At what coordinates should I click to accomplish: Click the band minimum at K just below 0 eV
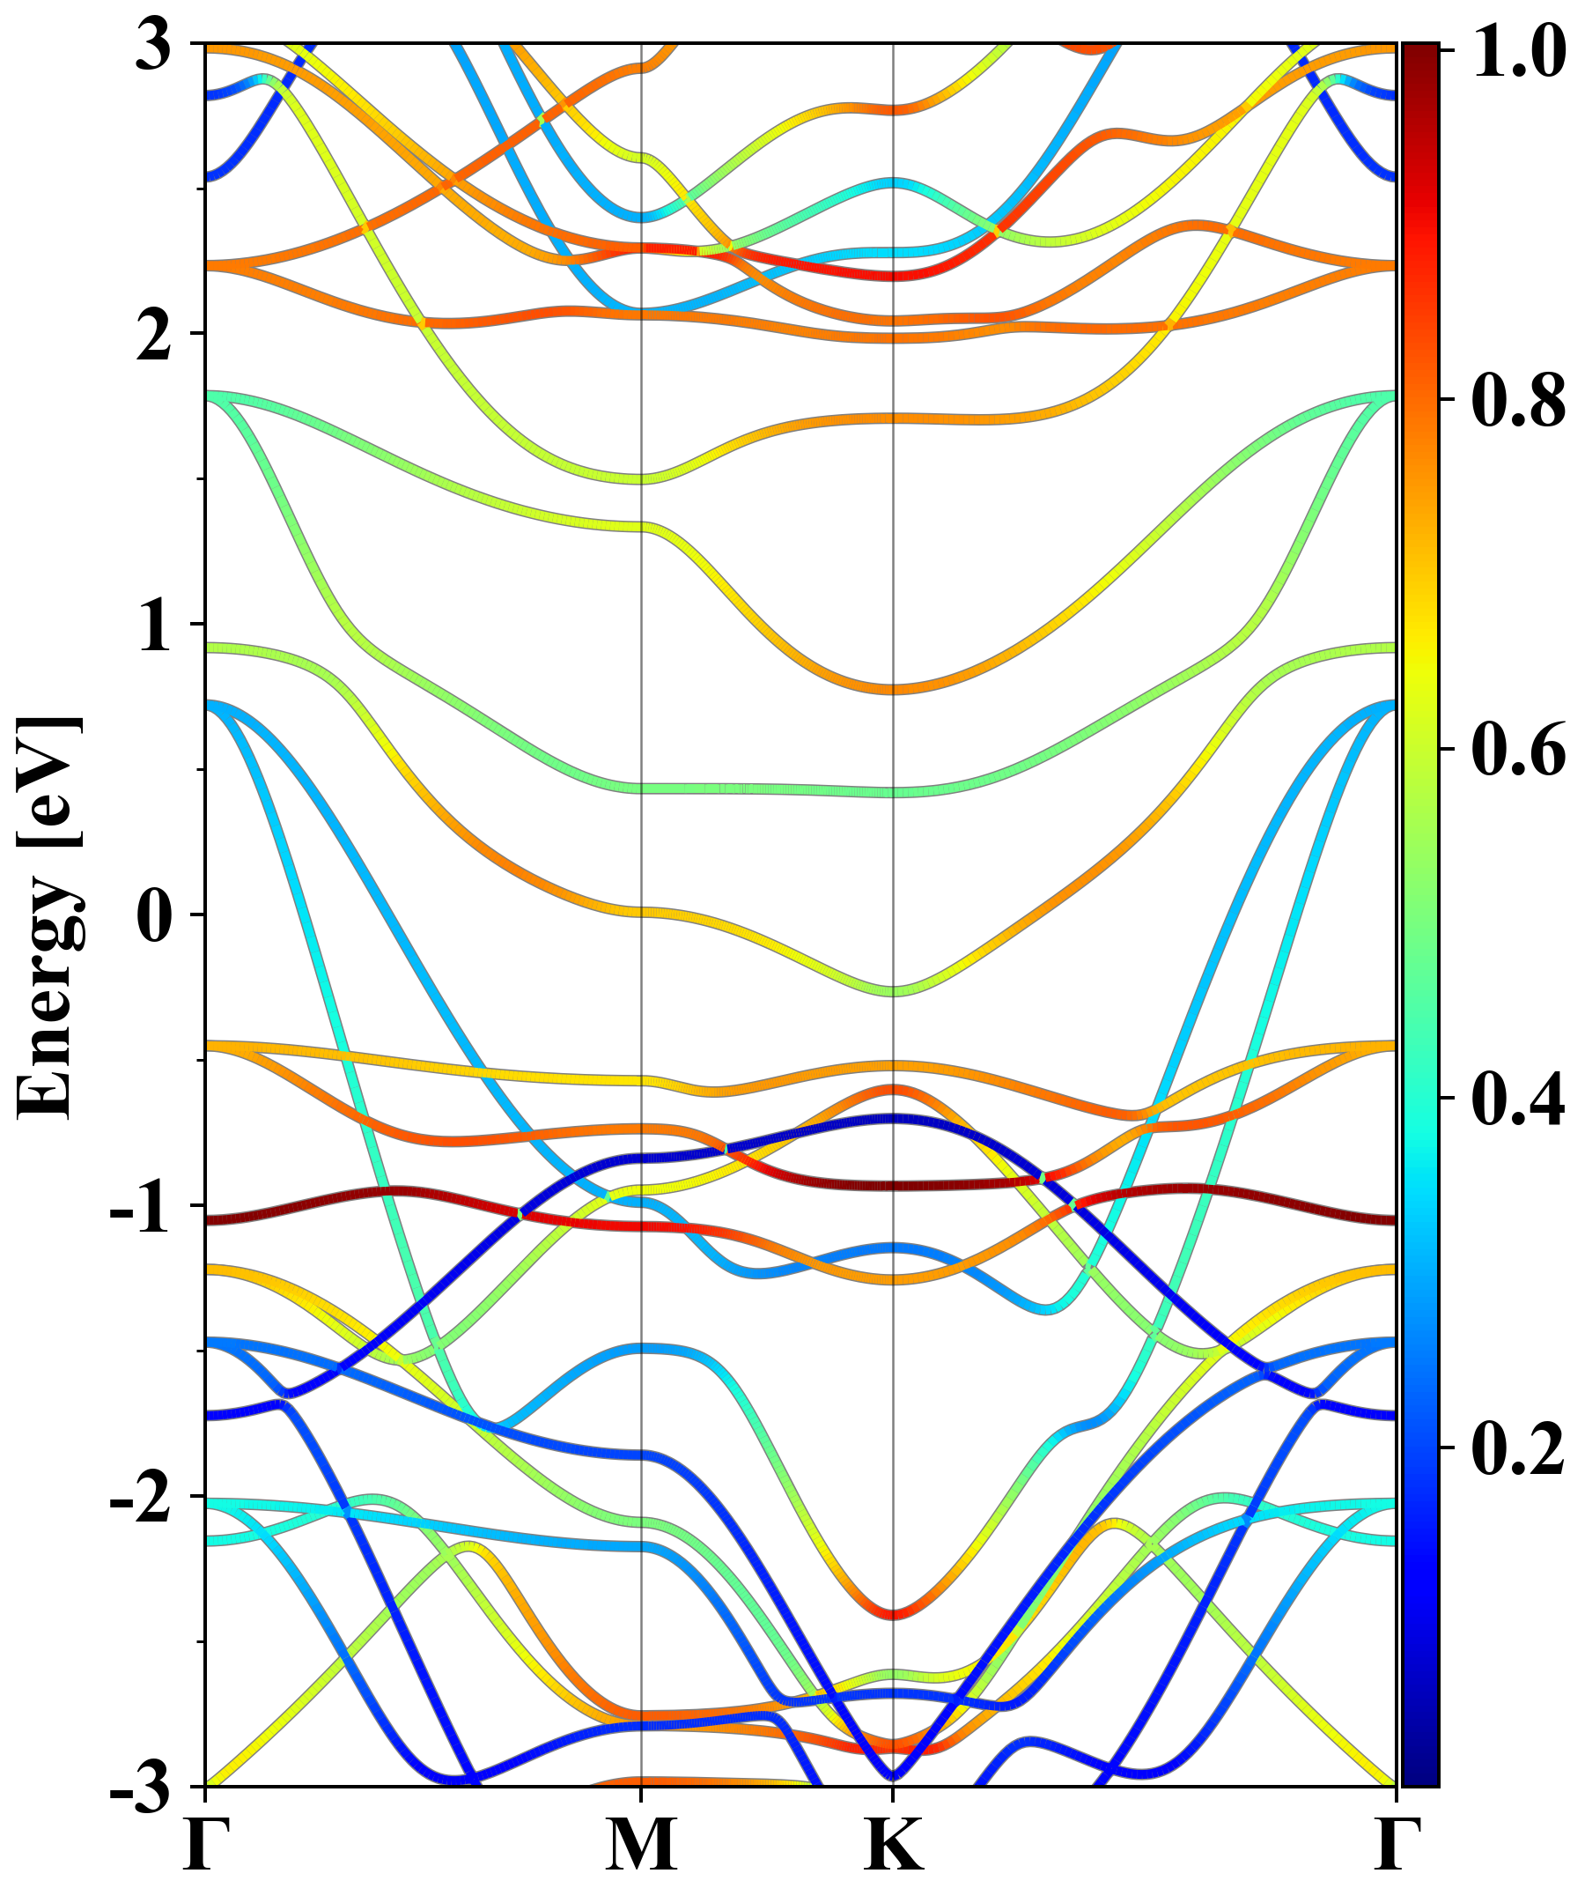[x=894, y=989]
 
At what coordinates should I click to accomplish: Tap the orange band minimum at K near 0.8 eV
[x=894, y=689]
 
